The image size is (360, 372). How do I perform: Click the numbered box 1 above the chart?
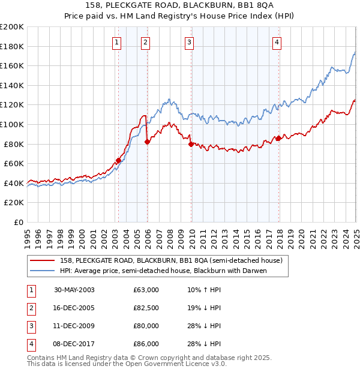pos(116,42)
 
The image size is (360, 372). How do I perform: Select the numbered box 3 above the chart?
pos(189,42)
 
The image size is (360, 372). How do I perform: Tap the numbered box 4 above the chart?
pos(277,42)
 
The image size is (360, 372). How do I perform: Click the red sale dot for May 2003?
pos(119,160)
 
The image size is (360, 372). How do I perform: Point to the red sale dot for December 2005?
pos(147,142)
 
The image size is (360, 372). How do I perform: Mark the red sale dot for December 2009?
pos(191,144)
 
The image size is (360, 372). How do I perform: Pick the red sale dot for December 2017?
pos(278,138)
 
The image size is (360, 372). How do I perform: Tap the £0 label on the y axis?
pos(18,222)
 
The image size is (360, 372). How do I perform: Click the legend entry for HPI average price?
pos(163,271)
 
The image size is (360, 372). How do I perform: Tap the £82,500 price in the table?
pos(146,308)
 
